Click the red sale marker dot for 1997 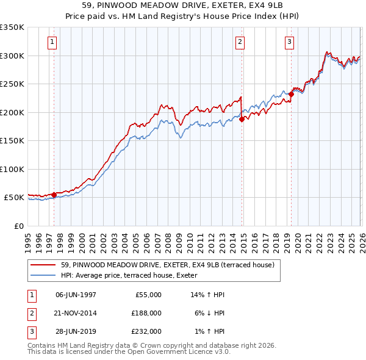[x=54, y=195]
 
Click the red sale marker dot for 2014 [x=242, y=120]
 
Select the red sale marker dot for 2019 [x=291, y=95]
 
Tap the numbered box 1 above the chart [x=52, y=42]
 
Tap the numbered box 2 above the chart [x=240, y=42]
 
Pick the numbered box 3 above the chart [x=289, y=42]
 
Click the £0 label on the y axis [x=18, y=226]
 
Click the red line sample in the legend [x=44, y=265]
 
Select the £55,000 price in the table [x=148, y=295]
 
